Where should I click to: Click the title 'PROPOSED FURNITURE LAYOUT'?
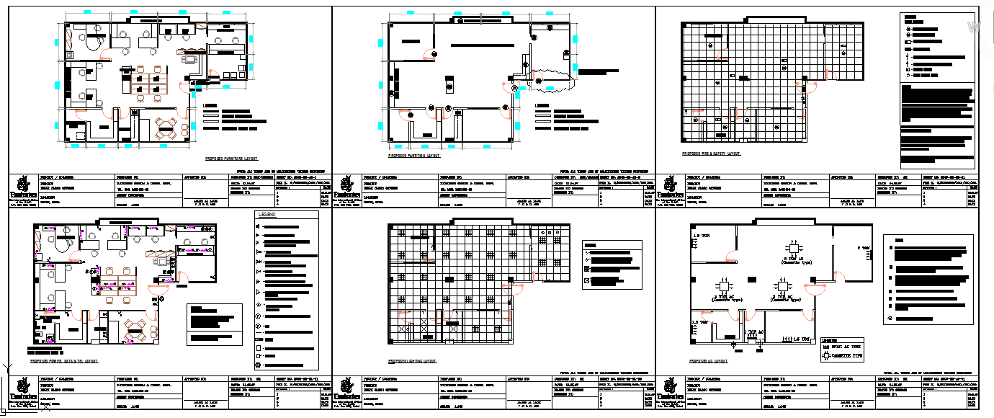click(231, 156)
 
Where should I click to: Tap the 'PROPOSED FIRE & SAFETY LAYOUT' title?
click(711, 154)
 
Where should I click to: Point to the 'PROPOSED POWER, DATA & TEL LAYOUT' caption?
click(64, 360)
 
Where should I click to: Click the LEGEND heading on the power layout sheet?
click(267, 215)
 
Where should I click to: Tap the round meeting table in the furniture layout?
click(167, 130)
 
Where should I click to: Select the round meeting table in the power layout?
click(135, 330)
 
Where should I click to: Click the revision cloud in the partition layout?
click(552, 79)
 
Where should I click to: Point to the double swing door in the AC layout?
click(815, 289)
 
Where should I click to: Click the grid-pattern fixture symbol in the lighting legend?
click(586, 268)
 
